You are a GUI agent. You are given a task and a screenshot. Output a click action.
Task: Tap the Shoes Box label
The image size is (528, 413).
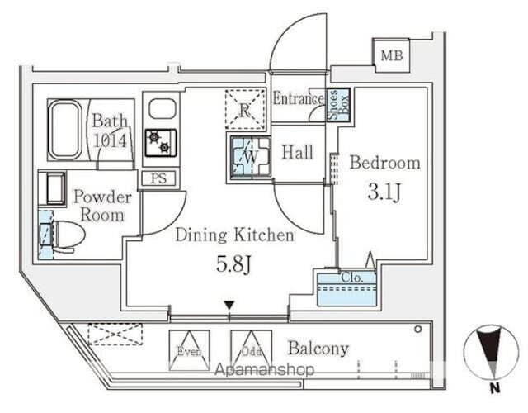(336, 105)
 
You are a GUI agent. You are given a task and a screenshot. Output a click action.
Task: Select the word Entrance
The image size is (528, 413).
(298, 99)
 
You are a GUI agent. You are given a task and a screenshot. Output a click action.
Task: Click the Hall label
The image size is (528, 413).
(297, 151)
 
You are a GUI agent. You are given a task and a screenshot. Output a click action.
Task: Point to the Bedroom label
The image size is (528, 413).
(385, 162)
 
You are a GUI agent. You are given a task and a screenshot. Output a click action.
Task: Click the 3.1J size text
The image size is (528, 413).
(384, 195)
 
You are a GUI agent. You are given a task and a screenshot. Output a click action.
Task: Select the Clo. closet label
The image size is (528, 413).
(345, 278)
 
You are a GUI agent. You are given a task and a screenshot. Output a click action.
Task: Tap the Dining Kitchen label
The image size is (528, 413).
(234, 235)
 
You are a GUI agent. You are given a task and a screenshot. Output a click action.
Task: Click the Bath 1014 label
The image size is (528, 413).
(109, 131)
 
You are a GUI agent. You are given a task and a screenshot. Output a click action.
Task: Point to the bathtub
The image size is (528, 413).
(66, 131)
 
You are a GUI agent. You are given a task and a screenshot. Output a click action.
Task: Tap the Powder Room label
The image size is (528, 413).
(102, 206)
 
